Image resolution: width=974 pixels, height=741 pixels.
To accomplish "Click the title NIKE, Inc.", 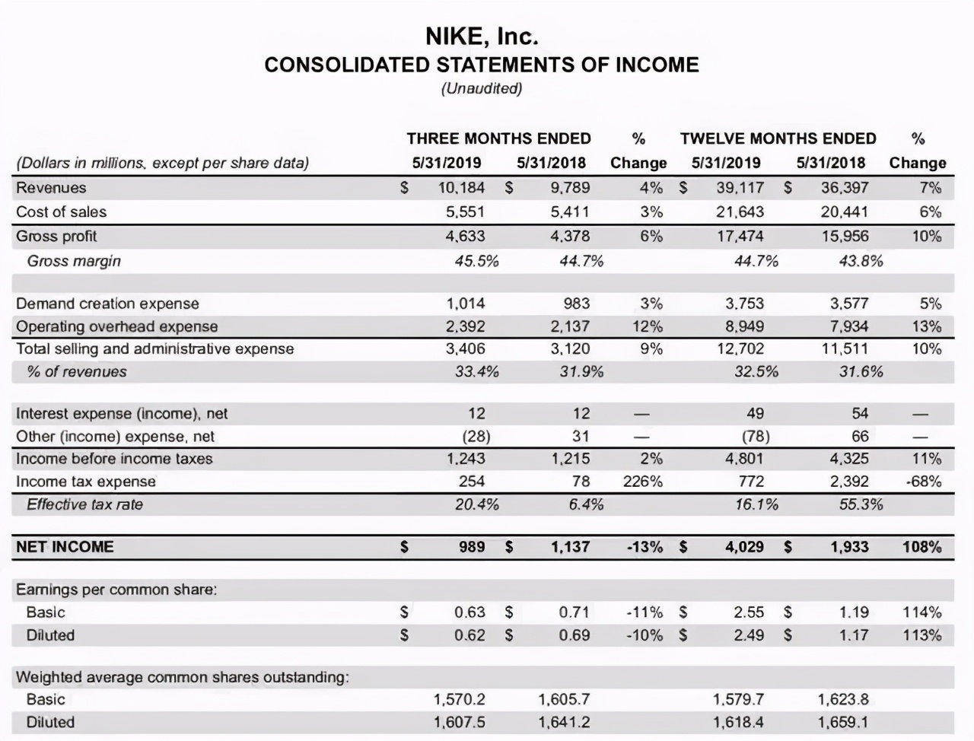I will [481, 36].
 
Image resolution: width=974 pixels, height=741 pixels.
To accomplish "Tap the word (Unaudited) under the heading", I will [481, 88].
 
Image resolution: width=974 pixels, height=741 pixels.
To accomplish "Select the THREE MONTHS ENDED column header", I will [498, 138].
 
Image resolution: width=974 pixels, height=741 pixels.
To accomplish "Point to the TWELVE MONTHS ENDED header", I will [778, 138].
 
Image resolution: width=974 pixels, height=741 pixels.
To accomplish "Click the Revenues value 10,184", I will [461, 188].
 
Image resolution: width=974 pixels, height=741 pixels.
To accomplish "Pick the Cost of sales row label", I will [62, 212].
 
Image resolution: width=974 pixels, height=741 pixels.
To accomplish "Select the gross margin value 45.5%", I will [476, 261].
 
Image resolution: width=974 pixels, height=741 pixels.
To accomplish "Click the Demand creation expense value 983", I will [576, 304].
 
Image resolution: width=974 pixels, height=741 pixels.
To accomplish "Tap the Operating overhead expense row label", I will [117, 326].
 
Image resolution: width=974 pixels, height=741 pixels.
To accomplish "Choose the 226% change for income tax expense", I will [643, 482].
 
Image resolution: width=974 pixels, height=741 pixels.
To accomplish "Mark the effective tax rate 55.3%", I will [861, 504].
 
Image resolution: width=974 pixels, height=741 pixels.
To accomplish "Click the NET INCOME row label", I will [65, 547].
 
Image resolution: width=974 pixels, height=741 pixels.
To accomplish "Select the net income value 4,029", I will [744, 547].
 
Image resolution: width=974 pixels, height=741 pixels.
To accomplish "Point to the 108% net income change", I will [921, 547].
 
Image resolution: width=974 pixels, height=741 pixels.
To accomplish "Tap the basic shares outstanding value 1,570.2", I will [459, 699].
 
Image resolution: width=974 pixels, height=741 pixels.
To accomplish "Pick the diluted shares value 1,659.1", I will [843, 722].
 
